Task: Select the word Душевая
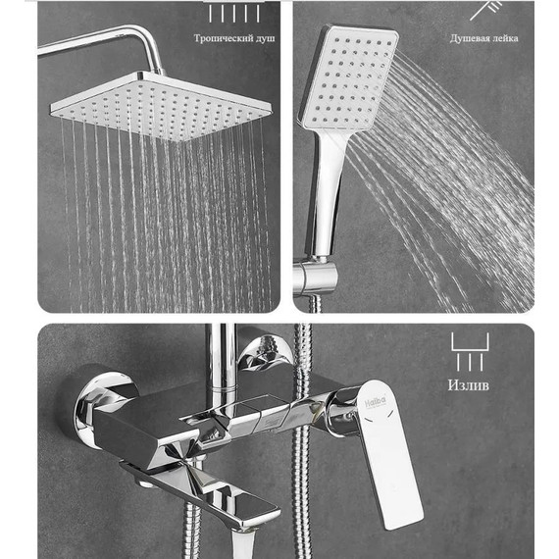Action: [x=468, y=38]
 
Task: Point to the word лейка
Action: [x=504, y=38]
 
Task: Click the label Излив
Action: [x=469, y=385]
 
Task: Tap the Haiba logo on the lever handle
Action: [x=376, y=402]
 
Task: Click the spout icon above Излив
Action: [x=470, y=352]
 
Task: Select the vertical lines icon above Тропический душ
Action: [x=234, y=15]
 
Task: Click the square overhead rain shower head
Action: [x=161, y=106]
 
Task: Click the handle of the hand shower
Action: [x=327, y=192]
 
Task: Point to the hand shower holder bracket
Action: [x=315, y=278]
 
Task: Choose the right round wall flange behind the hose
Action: [x=265, y=353]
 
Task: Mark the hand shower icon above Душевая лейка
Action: [x=486, y=9]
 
